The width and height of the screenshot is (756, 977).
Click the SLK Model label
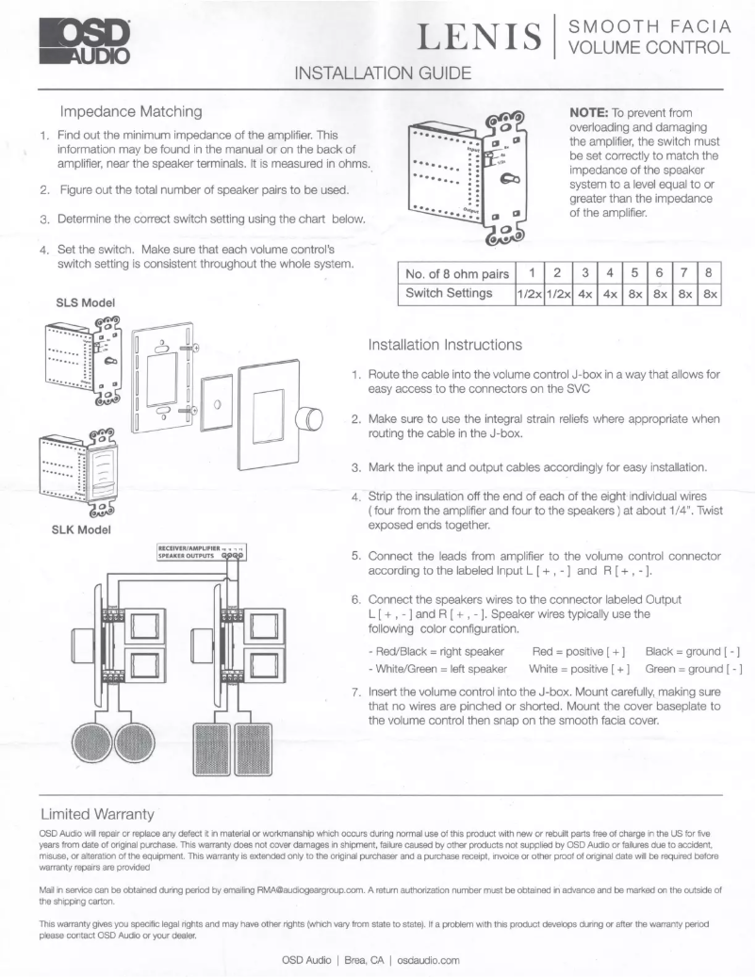point(82,529)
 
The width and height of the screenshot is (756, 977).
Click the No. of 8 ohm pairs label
point(456,273)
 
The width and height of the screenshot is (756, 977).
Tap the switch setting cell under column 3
point(584,294)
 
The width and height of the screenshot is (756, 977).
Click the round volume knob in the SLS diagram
point(309,418)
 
